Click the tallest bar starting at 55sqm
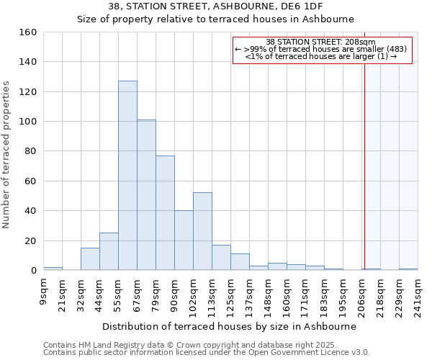(x=127, y=176)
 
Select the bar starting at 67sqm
(x=146, y=195)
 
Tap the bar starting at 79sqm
(x=165, y=213)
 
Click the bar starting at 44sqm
(x=109, y=252)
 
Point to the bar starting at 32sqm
(x=90, y=259)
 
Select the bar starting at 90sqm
(x=184, y=240)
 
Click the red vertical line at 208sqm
(x=364, y=144)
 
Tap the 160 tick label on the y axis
(x=27, y=32)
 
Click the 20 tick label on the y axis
(x=30, y=240)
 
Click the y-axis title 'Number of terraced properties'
(x=7, y=155)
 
